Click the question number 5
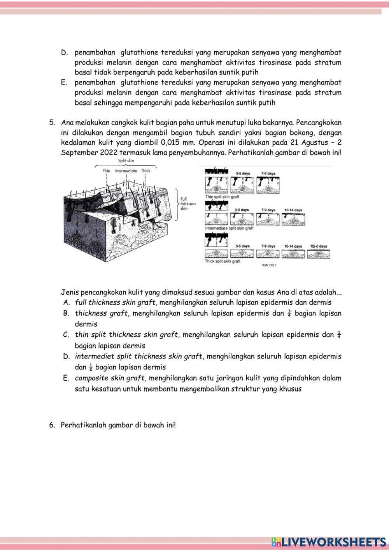pyautogui.click(x=52, y=123)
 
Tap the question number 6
pyautogui.click(x=52, y=425)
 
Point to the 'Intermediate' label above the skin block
pyautogui.click(x=126, y=170)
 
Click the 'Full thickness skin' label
pyautogui.click(x=188, y=204)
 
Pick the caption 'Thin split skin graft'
pyautogui.click(x=222, y=197)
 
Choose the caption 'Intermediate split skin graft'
pyautogui.click(x=229, y=228)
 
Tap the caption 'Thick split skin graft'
pyautogui.click(x=223, y=261)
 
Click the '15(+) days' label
pyautogui.click(x=319, y=246)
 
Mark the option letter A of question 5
pyautogui.click(x=66, y=302)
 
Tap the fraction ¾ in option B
pyautogui.click(x=289, y=313)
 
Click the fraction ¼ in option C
pyautogui.click(x=339, y=335)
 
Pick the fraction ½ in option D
pyautogui.click(x=91, y=367)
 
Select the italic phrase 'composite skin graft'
pyautogui.click(x=109, y=378)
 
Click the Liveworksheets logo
pyautogui.click(x=329, y=542)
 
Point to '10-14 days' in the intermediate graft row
pyautogui.click(x=293, y=210)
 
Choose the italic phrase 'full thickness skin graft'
pyautogui.click(x=115, y=302)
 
